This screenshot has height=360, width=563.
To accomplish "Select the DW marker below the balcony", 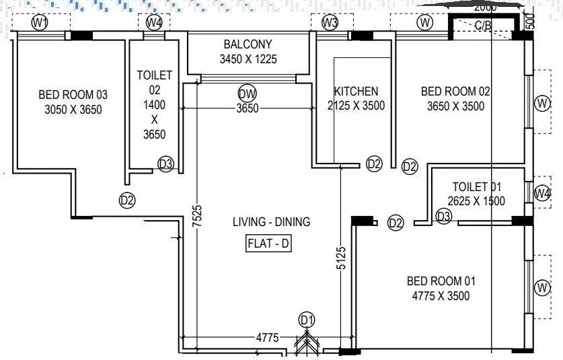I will [247, 94].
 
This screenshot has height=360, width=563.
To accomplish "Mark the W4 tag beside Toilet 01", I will [542, 194].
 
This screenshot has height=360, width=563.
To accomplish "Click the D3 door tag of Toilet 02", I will [166, 164].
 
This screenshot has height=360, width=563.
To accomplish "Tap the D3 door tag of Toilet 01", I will [443, 216].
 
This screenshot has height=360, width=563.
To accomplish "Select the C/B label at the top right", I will [483, 26].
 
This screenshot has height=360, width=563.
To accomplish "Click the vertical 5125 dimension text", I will [341, 258].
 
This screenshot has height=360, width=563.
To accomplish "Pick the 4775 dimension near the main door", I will [267, 338].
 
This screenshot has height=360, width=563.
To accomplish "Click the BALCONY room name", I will [248, 44].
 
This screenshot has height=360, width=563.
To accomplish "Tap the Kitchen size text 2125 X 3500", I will [356, 106].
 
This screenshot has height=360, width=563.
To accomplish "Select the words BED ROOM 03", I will [73, 95].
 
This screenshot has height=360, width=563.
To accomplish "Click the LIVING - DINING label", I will [272, 221].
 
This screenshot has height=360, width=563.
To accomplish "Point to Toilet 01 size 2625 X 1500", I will [476, 201].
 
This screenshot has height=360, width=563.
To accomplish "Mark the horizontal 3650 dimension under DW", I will [247, 109].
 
